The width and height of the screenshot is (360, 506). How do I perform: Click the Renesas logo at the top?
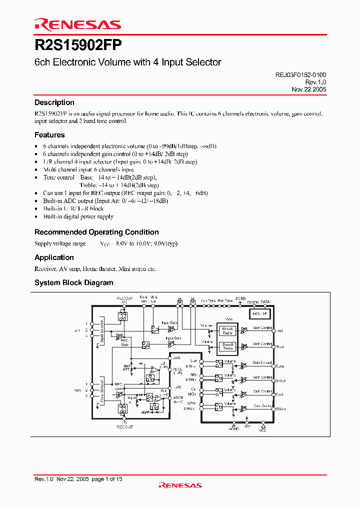77,24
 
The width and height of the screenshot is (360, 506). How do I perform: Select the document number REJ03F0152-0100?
300,74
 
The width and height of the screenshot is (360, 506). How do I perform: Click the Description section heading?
54,102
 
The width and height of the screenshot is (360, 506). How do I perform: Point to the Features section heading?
49,135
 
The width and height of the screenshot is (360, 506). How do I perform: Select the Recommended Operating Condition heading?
96,232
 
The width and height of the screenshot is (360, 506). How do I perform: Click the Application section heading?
54,257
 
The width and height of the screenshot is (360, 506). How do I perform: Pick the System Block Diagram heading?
73,282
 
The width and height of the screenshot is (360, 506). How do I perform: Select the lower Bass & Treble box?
227,346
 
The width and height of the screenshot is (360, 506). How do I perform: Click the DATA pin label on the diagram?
265,302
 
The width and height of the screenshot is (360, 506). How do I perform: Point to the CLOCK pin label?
252,302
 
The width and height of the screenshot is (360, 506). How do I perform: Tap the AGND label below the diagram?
234,429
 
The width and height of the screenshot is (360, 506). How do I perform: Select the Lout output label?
280,331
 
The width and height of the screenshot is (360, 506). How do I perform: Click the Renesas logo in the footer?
179,485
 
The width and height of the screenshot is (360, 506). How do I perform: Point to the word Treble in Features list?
88,185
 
